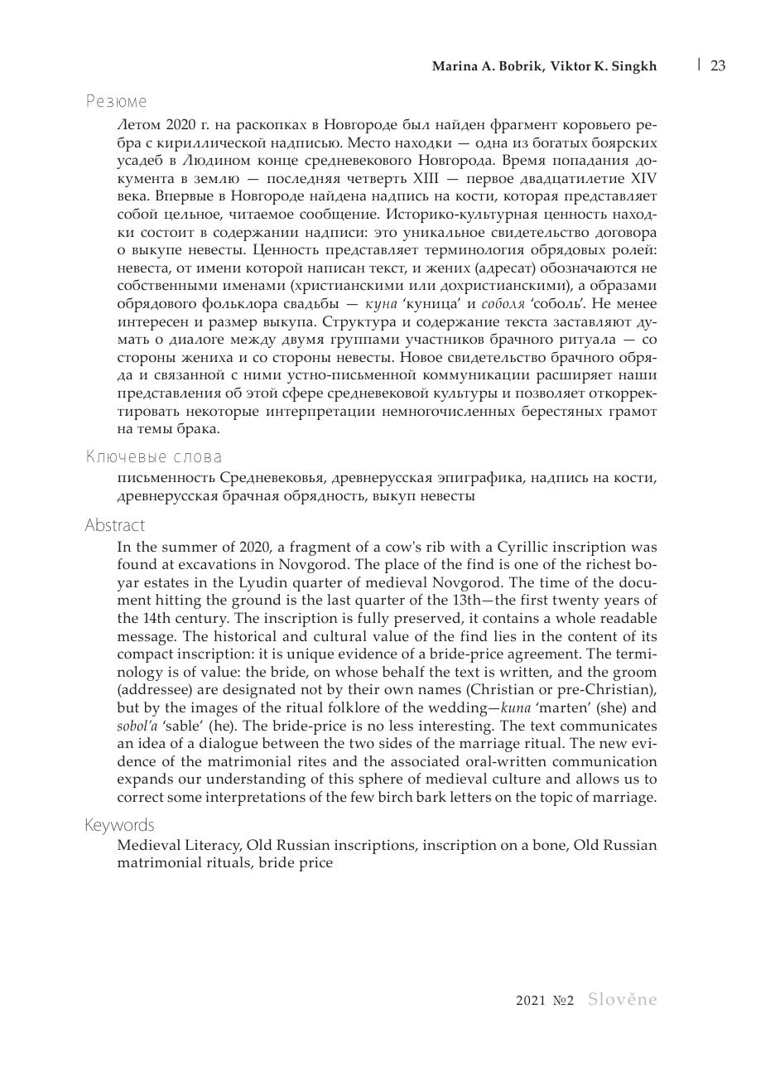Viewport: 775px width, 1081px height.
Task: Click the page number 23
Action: tap(718, 65)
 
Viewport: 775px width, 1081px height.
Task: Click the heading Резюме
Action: tap(116, 102)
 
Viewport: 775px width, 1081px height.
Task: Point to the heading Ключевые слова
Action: tap(153, 456)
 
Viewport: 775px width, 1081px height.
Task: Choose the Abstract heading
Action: tap(114, 525)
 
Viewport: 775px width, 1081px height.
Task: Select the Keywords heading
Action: tap(119, 825)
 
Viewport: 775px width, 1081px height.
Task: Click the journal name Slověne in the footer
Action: tap(622, 1000)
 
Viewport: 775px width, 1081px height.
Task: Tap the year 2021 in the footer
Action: tap(531, 1001)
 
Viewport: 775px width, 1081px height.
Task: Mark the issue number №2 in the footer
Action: tap(563, 1001)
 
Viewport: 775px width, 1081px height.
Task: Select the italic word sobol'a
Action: tap(137, 726)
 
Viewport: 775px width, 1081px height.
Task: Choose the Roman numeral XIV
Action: tap(643, 178)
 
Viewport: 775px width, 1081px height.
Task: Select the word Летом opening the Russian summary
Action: tap(139, 126)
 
